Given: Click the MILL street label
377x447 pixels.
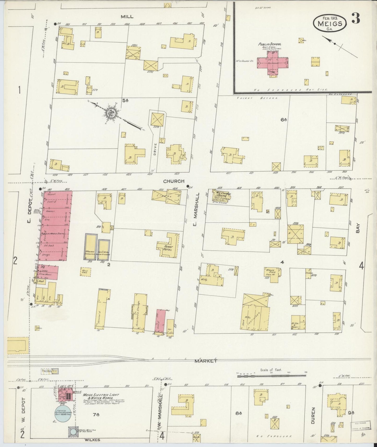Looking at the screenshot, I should [127, 16].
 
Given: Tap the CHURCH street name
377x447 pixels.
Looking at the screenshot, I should [174, 181].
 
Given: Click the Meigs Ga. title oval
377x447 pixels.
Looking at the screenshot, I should [330, 22].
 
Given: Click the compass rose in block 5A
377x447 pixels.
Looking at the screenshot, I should [112, 114].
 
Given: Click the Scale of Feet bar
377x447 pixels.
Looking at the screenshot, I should [271, 376].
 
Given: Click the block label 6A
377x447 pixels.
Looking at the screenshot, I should [284, 120].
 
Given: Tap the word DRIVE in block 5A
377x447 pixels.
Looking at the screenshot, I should [155, 149].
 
